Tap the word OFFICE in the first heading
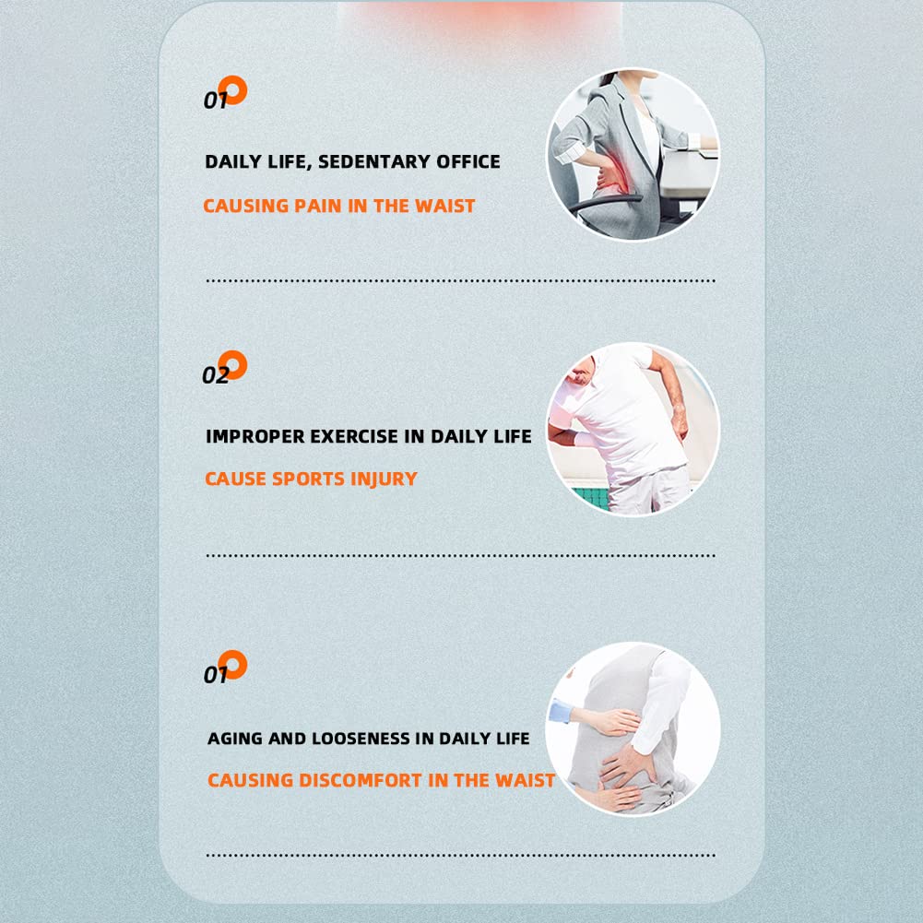(x=468, y=162)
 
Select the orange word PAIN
(x=317, y=206)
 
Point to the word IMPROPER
(x=254, y=436)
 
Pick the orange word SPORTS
(x=308, y=479)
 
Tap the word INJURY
(x=384, y=479)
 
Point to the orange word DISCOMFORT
(x=361, y=780)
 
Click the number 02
(x=215, y=375)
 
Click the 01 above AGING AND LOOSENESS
(x=215, y=675)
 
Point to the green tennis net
(x=590, y=498)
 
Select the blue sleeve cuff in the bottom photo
(x=560, y=712)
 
